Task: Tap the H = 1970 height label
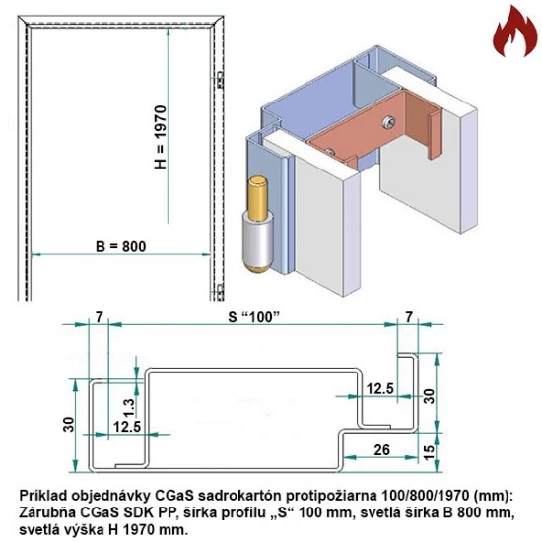pos(164,138)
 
